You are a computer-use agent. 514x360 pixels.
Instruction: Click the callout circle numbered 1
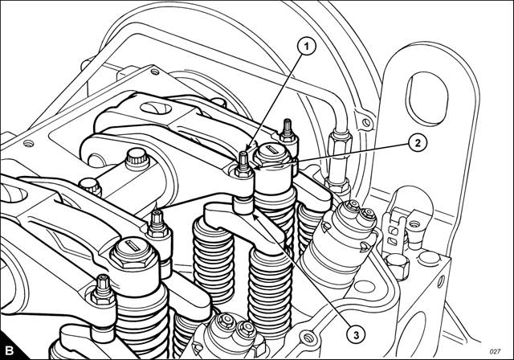point(307,47)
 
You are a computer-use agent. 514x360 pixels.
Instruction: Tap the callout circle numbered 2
point(418,143)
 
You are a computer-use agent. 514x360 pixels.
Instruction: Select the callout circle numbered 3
point(356,335)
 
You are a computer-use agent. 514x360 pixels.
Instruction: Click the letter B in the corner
point(9,350)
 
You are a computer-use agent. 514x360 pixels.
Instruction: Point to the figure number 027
point(495,351)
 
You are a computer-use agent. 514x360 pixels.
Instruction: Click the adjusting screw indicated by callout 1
point(243,159)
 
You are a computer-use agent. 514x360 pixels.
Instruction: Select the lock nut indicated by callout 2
point(243,171)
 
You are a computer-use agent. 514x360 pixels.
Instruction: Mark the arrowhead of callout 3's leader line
point(255,215)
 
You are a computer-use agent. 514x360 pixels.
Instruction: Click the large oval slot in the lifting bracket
point(426,98)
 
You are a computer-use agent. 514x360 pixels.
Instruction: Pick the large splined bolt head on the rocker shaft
point(137,158)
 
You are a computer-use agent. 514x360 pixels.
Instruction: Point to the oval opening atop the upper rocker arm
point(155,108)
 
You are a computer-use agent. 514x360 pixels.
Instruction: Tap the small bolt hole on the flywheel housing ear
point(366,123)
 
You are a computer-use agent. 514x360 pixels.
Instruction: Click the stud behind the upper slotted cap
point(288,130)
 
